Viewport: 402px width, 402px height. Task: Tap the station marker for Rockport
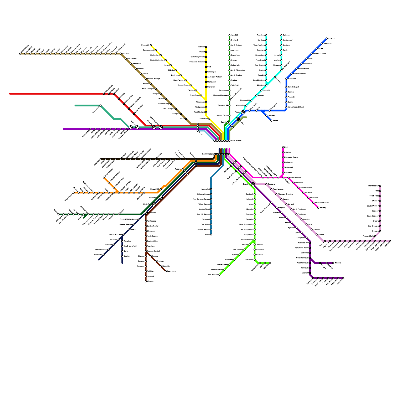pyautogui.click(x=327, y=38)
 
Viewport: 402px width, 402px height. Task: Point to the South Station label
pyautogui.click(x=208, y=154)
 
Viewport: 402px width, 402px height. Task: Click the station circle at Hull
pyautogui.click(x=283, y=147)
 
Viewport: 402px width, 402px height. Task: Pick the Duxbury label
pyautogui.click(x=323, y=208)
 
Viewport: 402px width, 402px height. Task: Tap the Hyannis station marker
pyautogui.click(x=333, y=263)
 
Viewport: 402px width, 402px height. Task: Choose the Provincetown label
pyautogui.click(x=373, y=186)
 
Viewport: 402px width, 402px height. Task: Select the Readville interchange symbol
pyautogui.click(x=146, y=213)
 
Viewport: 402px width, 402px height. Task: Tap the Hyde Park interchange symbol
pyautogui.click(x=154, y=205)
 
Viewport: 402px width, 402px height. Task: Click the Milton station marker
pyautogui.click(x=211, y=235)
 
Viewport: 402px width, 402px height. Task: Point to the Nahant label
pyautogui.click(x=275, y=121)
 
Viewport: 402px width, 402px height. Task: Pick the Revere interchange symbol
pyautogui.click(x=243, y=112)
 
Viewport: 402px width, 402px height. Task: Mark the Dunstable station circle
pyautogui.click(x=151, y=45)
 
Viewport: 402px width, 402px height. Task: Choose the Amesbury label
pyautogui.click(x=261, y=35)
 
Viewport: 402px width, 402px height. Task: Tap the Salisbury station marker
pyautogui.click(x=281, y=35)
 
